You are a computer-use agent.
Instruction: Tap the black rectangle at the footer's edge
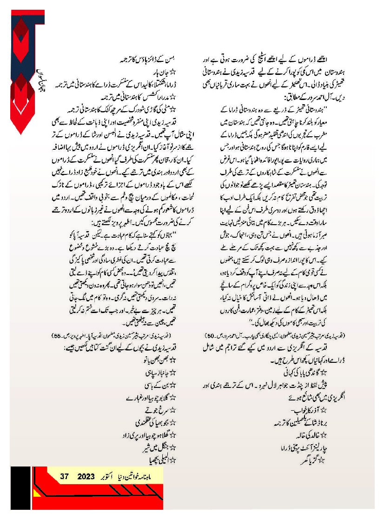(x=20, y=493)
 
